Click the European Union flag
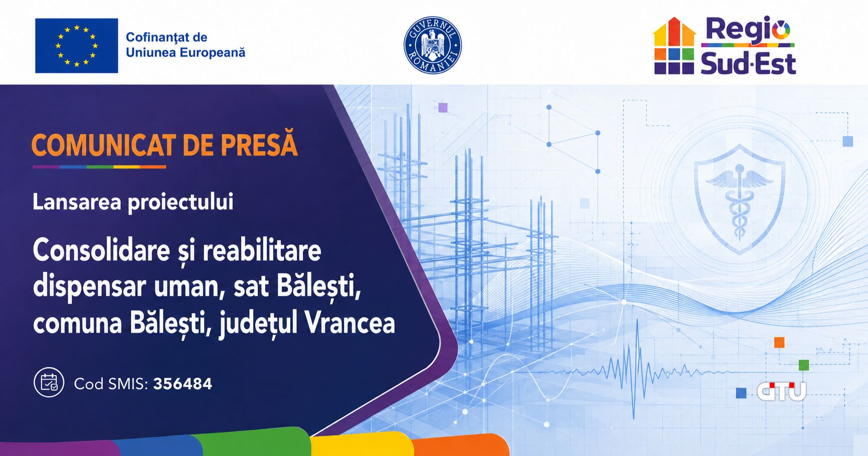click(x=77, y=46)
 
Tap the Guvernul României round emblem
click(x=432, y=45)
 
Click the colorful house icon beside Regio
click(x=674, y=46)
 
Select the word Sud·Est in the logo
click(x=748, y=64)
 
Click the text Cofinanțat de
click(x=166, y=38)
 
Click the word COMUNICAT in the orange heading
click(x=103, y=146)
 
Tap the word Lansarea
click(x=77, y=202)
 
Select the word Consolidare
click(x=101, y=250)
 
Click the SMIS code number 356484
click(x=183, y=384)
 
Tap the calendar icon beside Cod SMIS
click(x=49, y=382)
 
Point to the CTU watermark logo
click(x=781, y=391)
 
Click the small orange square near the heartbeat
click(x=779, y=343)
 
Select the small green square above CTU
click(x=804, y=365)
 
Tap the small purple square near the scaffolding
click(x=443, y=107)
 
